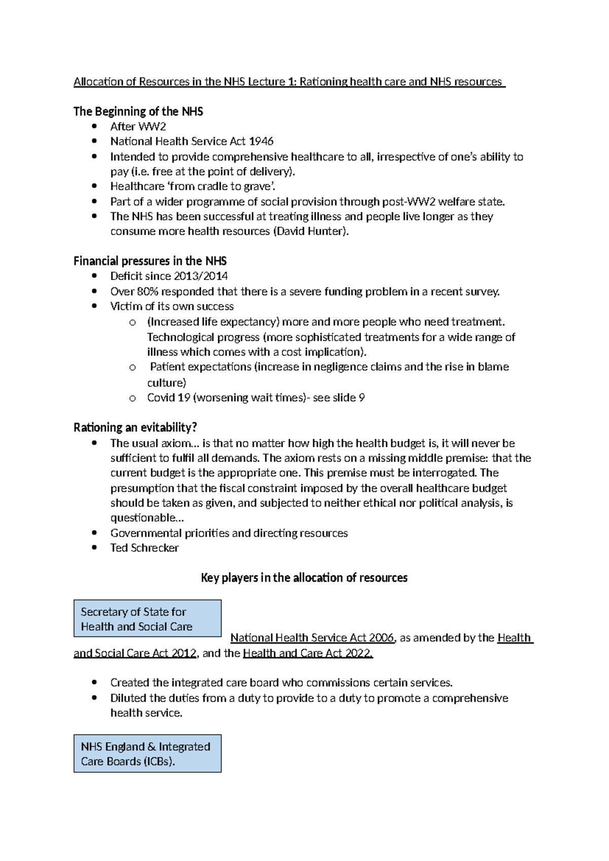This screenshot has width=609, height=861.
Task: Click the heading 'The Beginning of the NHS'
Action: tap(138, 112)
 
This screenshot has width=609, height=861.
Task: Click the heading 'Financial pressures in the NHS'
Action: tap(150, 261)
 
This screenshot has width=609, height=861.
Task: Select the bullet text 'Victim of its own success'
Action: tap(172, 307)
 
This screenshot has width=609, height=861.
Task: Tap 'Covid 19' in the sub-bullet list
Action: tap(168, 398)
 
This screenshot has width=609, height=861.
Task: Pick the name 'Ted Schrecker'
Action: tap(144, 548)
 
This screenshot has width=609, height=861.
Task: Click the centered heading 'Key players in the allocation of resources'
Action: tap(304, 578)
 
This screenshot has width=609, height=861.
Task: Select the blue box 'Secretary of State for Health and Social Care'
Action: tap(147, 619)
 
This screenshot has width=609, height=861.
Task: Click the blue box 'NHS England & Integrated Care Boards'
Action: tap(147, 754)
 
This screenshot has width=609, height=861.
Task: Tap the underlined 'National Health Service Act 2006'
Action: tap(312, 638)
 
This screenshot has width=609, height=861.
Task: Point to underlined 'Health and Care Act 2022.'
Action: tap(308, 653)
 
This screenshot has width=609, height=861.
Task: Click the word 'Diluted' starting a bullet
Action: tap(128, 699)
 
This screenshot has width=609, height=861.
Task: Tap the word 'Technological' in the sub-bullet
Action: tap(178, 338)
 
